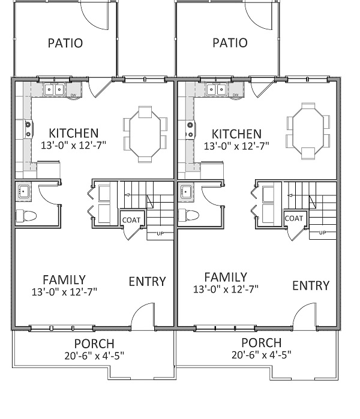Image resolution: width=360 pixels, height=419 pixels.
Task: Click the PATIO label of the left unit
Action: point(65,43)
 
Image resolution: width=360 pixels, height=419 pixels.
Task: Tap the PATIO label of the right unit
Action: point(230,43)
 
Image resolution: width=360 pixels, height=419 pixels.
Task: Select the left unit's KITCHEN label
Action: point(74,133)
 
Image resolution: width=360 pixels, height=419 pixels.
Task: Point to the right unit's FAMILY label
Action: point(226,277)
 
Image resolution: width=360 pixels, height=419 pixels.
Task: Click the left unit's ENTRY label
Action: point(148,282)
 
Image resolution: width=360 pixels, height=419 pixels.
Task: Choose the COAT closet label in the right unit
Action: point(294,219)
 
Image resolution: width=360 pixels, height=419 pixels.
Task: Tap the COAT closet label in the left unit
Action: point(131,220)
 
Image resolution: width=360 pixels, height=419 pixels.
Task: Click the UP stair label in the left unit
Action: point(160,234)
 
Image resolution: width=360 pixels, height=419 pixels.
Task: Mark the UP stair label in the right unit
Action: point(323,233)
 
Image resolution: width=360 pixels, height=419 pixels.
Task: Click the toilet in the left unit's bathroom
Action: point(26,216)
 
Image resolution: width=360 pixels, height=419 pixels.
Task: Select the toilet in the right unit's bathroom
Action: point(189,215)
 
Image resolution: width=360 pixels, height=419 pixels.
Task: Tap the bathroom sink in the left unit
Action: point(23,191)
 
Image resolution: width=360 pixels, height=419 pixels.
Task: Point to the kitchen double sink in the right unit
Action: point(216,89)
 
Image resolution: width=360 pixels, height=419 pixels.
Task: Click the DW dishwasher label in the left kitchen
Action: point(73,95)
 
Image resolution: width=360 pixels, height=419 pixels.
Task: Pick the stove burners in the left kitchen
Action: point(28,129)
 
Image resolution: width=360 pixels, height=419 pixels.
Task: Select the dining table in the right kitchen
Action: point(308,131)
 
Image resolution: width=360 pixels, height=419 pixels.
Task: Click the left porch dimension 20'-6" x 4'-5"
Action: point(94,356)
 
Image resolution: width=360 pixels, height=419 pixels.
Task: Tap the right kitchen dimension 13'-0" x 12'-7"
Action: point(236,146)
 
